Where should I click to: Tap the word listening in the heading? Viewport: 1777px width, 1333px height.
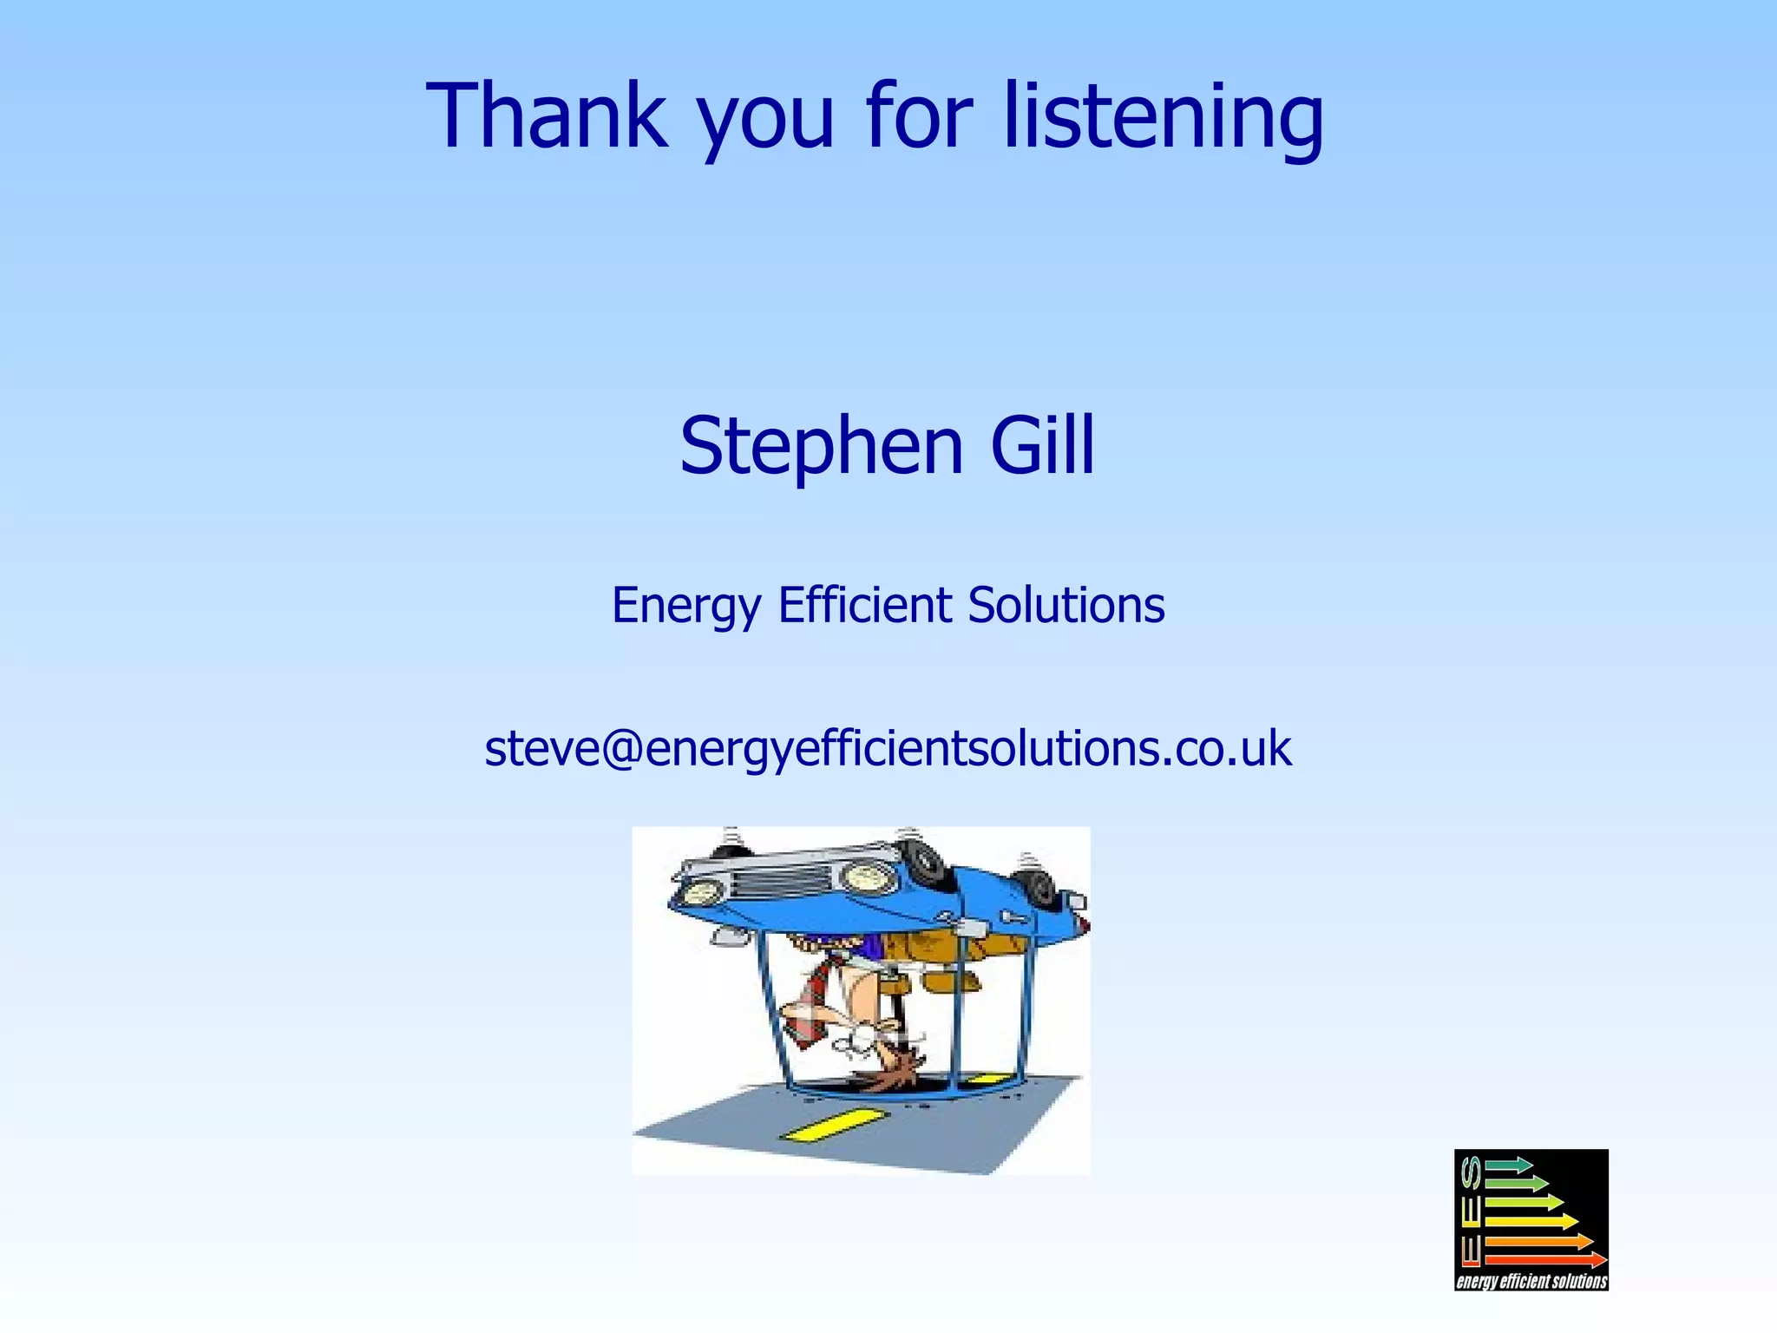click(1164, 117)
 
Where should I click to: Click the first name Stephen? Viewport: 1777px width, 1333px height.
click(821, 447)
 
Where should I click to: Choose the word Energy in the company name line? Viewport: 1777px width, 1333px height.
click(686, 607)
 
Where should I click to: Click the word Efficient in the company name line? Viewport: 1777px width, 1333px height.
click(864, 605)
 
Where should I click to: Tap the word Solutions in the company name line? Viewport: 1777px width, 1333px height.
click(1066, 605)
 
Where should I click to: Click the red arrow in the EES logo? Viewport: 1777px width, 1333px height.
click(1545, 1259)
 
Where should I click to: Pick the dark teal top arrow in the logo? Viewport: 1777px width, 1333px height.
click(1509, 1165)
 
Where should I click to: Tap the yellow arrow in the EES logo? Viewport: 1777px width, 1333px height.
click(1531, 1221)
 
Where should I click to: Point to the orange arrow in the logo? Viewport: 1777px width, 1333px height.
click(1538, 1241)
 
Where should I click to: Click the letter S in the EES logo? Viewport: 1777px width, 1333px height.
click(1470, 1173)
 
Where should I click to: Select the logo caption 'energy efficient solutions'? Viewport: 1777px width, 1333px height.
click(1531, 1281)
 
